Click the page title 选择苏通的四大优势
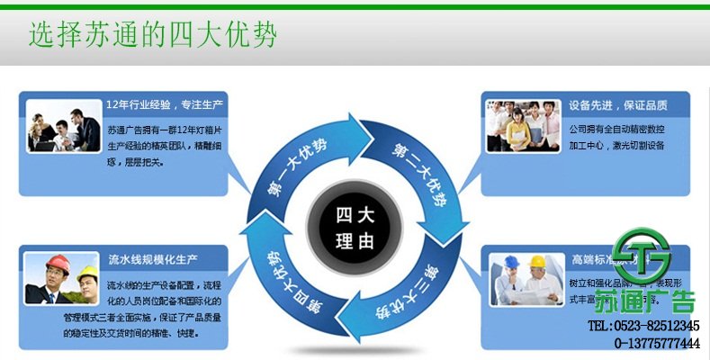(152, 35)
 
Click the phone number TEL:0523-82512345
(643, 326)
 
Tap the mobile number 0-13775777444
(658, 344)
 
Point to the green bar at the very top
(355, 5)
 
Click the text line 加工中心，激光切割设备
(616, 144)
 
